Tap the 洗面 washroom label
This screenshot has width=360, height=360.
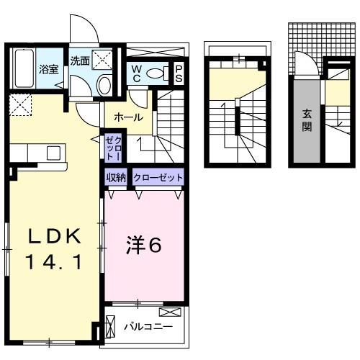click(x=80, y=61)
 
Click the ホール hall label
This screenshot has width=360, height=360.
click(x=128, y=117)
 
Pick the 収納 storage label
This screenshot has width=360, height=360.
click(x=117, y=176)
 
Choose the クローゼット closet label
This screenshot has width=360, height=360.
click(x=158, y=176)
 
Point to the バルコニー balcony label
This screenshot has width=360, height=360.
click(x=148, y=326)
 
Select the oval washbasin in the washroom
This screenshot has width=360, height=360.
click(x=105, y=86)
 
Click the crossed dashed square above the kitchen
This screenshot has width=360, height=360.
click(x=21, y=106)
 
